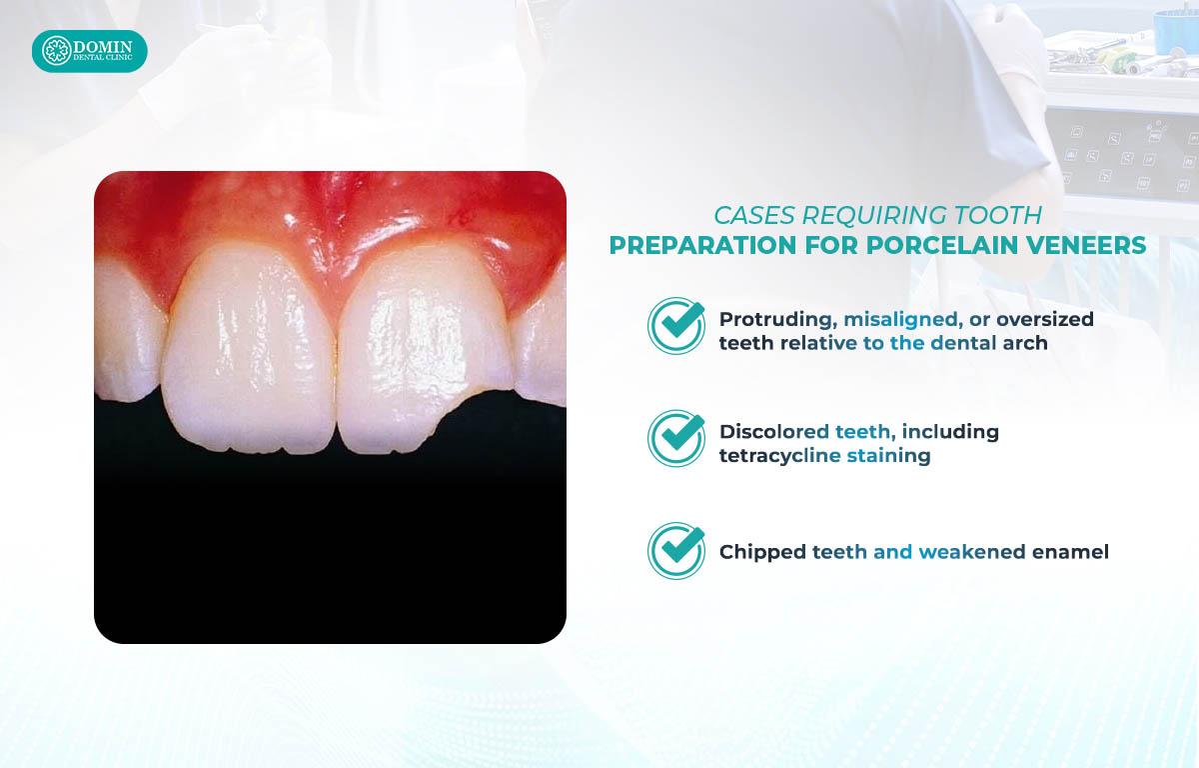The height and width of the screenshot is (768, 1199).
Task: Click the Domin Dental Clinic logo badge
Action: (x=89, y=51)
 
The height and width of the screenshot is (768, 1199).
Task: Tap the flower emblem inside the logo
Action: (x=57, y=51)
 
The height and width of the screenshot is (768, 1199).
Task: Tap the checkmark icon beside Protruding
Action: (x=676, y=326)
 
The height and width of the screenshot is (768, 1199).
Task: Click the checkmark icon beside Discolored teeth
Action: (x=676, y=438)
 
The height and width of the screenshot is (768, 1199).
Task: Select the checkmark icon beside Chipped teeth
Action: (x=676, y=551)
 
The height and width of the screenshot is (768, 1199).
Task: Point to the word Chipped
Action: (x=762, y=552)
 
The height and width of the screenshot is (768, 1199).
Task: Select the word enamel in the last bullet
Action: (x=1070, y=552)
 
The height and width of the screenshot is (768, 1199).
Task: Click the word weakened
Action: (x=972, y=552)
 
